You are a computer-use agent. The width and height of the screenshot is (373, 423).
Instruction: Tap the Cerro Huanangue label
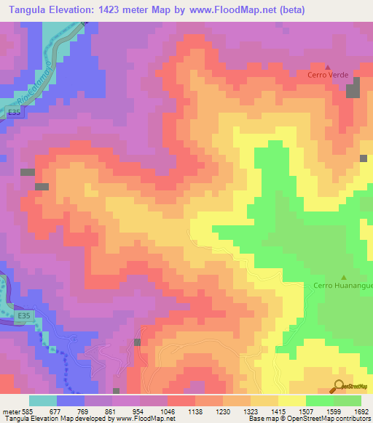click(342, 285)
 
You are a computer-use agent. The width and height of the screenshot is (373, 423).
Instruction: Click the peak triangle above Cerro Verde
click(327, 66)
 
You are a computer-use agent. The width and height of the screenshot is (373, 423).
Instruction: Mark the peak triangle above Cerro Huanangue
click(343, 276)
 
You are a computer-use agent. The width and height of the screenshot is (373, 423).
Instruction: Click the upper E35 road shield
click(16, 113)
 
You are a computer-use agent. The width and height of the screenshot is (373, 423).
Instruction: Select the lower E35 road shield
click(25, 315)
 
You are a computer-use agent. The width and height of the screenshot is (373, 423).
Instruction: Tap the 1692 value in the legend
click(362, 411)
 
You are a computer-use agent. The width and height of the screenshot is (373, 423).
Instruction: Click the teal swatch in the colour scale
click(43, 400)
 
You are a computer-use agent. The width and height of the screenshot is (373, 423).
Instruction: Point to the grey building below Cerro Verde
click(353, 91)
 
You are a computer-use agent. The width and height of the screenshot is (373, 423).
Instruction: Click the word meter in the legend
click(11, 411)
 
